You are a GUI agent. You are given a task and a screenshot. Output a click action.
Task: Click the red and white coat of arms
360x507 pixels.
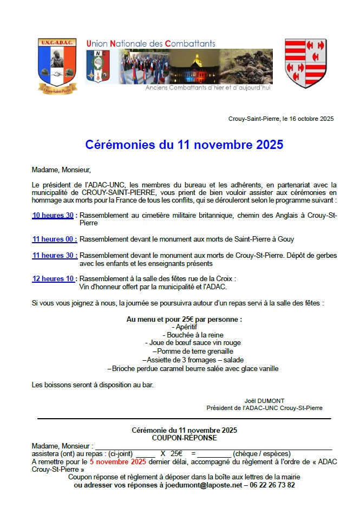[305, 63]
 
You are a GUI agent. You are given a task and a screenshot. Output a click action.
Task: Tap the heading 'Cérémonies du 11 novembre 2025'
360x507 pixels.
[184, 145]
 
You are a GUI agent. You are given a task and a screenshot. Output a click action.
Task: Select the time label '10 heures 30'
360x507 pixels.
[53, 216]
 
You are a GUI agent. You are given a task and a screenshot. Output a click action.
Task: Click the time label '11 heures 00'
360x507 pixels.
[54, 239]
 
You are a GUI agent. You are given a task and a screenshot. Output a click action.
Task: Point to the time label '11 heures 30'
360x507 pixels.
[54, 256]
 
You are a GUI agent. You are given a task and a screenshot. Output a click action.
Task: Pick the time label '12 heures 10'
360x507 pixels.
[54, 279]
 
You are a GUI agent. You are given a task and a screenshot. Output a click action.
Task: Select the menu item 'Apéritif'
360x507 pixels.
[184, 327]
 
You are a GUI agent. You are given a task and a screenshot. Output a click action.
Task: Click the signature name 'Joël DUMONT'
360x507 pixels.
[264, 401]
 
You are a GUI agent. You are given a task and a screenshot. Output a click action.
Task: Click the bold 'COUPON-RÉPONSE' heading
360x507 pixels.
[184, 438]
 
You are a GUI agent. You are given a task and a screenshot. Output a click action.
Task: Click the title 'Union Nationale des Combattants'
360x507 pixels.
[150, 43]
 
